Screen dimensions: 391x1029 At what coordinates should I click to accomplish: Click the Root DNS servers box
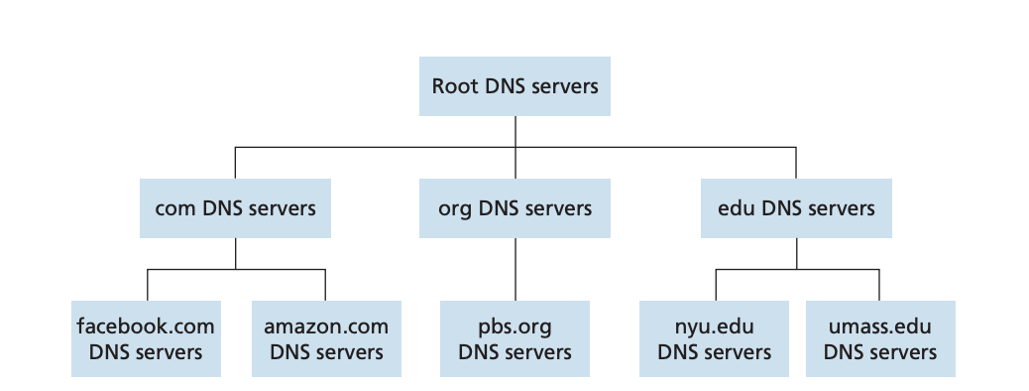514,86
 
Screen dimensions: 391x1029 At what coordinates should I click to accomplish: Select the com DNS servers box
235,208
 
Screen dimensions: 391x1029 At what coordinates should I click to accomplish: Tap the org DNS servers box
514,208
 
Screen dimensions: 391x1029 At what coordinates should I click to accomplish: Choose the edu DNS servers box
796,208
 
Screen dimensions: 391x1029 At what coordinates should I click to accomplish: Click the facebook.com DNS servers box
146,338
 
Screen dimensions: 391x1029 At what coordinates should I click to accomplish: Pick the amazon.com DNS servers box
326,338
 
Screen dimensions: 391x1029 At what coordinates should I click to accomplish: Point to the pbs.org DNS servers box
514,338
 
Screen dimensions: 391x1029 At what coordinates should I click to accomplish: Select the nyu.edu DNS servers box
714,338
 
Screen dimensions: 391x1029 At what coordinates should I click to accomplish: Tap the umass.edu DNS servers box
879,338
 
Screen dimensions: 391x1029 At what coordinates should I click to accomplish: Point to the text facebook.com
146,326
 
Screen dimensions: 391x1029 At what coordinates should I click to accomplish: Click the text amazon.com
326,326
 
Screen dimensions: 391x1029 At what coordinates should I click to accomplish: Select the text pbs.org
514,326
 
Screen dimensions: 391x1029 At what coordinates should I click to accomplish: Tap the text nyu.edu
714,326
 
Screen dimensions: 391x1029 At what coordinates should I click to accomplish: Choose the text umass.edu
879,326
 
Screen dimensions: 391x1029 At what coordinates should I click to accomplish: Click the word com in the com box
173,209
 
